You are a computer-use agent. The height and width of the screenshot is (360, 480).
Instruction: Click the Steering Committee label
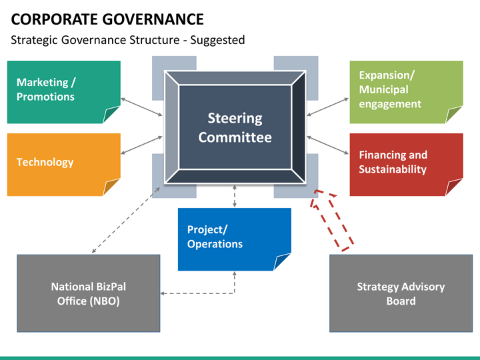[x=235, y=127]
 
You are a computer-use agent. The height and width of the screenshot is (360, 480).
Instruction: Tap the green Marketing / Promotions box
[x=64, y=92]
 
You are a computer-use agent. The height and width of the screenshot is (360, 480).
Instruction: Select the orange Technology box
[x=64, y=165]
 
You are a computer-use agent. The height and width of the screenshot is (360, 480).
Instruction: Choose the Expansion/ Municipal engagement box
[x=406, y=92]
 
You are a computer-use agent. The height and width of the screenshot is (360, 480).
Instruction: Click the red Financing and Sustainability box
[x=406, y=165]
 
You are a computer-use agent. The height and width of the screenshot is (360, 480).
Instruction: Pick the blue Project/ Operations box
[x=235, y=239]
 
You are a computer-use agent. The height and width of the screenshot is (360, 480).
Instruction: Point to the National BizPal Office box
[x=89, y=293]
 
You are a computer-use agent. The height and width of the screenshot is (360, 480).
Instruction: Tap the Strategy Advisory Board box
[x=401, y=293]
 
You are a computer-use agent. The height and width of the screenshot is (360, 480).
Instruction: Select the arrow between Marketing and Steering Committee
[x=141, y=107]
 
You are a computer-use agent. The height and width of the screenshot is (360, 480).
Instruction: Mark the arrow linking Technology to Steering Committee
[x=141, y=145]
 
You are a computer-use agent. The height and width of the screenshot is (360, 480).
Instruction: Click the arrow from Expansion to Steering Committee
[x=327, y=107]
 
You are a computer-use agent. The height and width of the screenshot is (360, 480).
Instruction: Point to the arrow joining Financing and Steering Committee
[x=327, y=145]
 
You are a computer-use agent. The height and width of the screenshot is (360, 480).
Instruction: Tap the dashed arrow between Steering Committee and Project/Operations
[x=235, y=196]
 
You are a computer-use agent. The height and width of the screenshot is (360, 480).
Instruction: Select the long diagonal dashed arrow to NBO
[x=126, y=220]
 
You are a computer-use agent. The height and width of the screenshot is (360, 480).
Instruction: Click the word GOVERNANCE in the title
[x=153, y=19]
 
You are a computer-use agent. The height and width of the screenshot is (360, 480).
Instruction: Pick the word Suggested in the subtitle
[x=217, y=40]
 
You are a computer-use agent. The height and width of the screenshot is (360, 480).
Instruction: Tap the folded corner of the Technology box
[x=111, y=187]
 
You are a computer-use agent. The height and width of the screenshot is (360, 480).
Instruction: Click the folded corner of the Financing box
[x=454, y=187]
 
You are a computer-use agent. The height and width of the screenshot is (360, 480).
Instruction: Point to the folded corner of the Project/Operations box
[x=282, y=262]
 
